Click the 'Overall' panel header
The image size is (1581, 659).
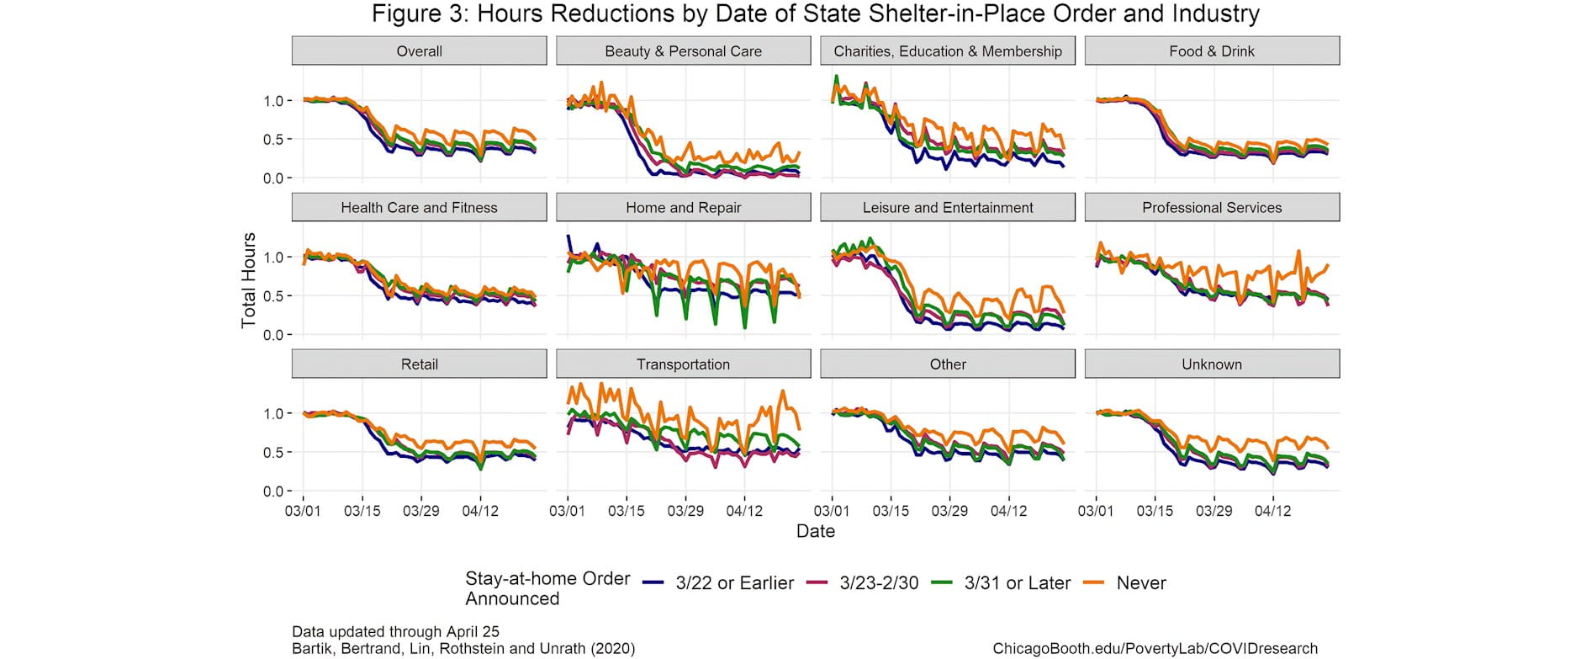coord(419,51)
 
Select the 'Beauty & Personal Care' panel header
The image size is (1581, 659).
coord(683,51)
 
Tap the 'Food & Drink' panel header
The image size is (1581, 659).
coord(1211,51)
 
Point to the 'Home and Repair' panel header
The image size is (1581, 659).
coord(683,208)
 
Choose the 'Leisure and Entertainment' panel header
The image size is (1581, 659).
coord(948,208)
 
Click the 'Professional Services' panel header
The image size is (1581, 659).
coord(1211,208)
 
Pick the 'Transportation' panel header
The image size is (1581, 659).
coord(683,364)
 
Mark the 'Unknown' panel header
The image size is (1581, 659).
coord(1211,364)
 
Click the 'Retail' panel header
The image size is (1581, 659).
coord(419,364)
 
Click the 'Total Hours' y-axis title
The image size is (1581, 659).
coord(248,280)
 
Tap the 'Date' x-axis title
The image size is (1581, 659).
coord(815,531)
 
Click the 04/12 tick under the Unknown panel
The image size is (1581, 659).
coord(1272,511)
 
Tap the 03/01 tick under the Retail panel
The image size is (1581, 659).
coord(303,511)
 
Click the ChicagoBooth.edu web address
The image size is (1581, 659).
coord(1155,648)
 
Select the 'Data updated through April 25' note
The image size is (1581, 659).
coord(395,631)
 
